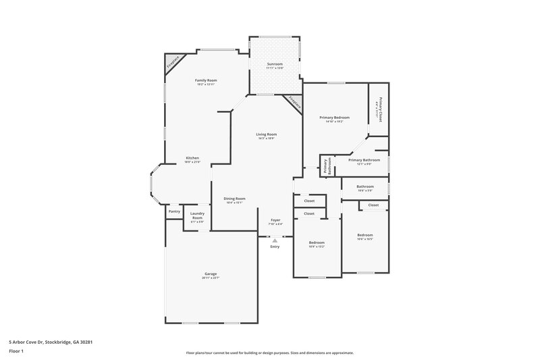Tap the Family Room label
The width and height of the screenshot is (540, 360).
(x=206, y=80)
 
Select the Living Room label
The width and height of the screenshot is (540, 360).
(x=267, y=134)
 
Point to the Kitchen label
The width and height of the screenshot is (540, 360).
(x=192, y=159)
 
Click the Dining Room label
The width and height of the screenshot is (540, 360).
(x=234, y=199)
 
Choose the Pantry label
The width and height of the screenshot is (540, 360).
(x=173, y=211)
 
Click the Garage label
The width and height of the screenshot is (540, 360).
(x=211, y=274)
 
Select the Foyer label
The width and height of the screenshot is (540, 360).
(x=275, y=220)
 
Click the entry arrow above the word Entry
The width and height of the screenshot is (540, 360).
(x=275, y=240)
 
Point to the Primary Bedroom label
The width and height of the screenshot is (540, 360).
(x=334, y=118)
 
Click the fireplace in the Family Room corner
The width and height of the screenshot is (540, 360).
(x=173, y=63)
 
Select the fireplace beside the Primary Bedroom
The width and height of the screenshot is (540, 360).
(x=294, y=103)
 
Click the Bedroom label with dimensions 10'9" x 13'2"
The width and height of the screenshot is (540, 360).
(x=317, y=242)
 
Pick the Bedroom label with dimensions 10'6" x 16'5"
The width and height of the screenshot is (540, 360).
(x=364, y=235)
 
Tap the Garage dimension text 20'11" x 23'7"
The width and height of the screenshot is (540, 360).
(x=211, y=278)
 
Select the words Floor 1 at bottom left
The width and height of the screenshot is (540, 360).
(x=16, y=351)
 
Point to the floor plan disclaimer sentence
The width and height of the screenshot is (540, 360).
(x=270, y=353)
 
